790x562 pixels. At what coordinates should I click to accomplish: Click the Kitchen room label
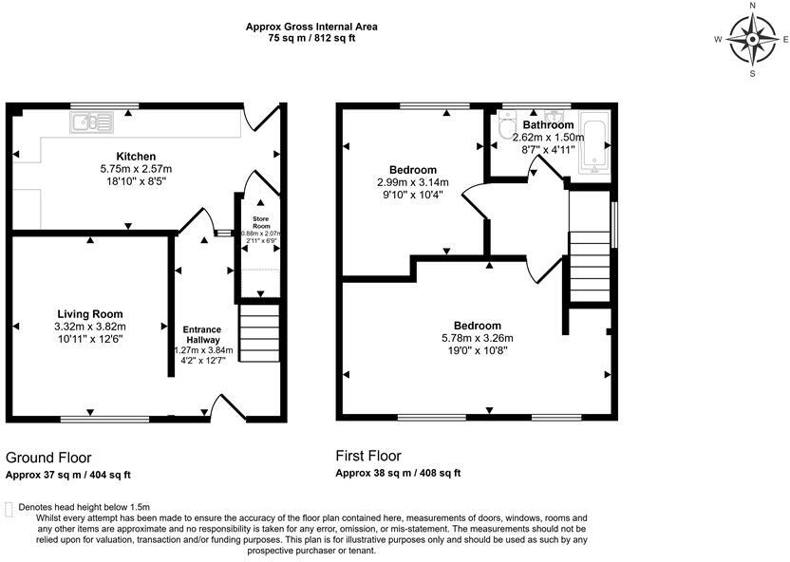pyautogui.click(x=136, y=157)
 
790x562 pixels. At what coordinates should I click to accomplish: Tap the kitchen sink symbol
pyautogui.click(x=92, y=122)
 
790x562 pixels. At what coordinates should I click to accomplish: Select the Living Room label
pyautogui.click(x=90, y=314)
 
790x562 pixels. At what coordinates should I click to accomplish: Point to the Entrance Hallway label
pyautogui.click(x=202, y=333)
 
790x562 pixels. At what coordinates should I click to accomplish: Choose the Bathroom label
pyautogui.click(x=548, y=125)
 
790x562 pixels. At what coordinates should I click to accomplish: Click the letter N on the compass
pyautogui.click(x=753, y=6)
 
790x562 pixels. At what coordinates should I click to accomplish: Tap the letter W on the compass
pyautogui.click(x=720, y=40)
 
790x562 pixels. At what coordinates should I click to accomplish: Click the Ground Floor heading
pyautogui.click(x=48, y=458)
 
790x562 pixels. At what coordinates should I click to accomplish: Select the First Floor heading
pyautogui.click(x=368, y=456)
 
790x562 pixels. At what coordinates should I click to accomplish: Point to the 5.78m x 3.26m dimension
pyautogui.click(x=477, y=338)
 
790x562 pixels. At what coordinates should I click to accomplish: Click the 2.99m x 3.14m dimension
pyautogui.click(x=413, y=182)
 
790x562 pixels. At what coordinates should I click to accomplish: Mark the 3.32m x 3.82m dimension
pyautogui.click(x=90, y=326)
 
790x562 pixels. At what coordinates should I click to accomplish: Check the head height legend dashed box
pyautogui.click(x=9, y=509)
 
